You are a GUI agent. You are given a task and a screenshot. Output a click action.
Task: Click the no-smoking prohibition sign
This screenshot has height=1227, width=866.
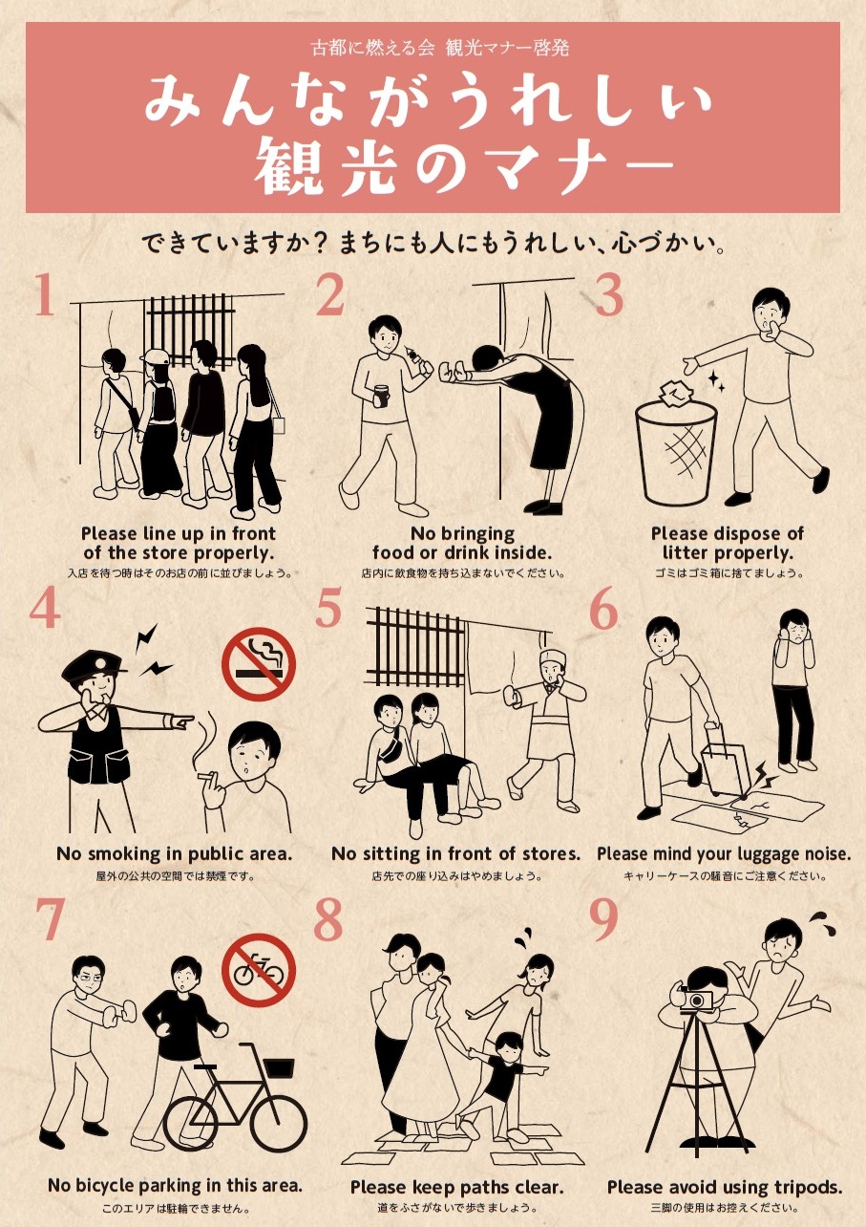point(259,664)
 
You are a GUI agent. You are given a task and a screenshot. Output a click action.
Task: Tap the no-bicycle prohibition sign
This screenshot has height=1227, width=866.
point(259,971)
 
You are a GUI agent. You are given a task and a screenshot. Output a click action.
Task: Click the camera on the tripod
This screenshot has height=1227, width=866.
point(696,1001)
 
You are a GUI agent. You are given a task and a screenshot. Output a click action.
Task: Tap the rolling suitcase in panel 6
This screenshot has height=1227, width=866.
point(726,761)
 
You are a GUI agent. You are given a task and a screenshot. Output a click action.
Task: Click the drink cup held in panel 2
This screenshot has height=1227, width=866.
point(380,396)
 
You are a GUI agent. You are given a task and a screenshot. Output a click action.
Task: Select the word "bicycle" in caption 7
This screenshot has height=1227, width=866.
point(104,1185)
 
